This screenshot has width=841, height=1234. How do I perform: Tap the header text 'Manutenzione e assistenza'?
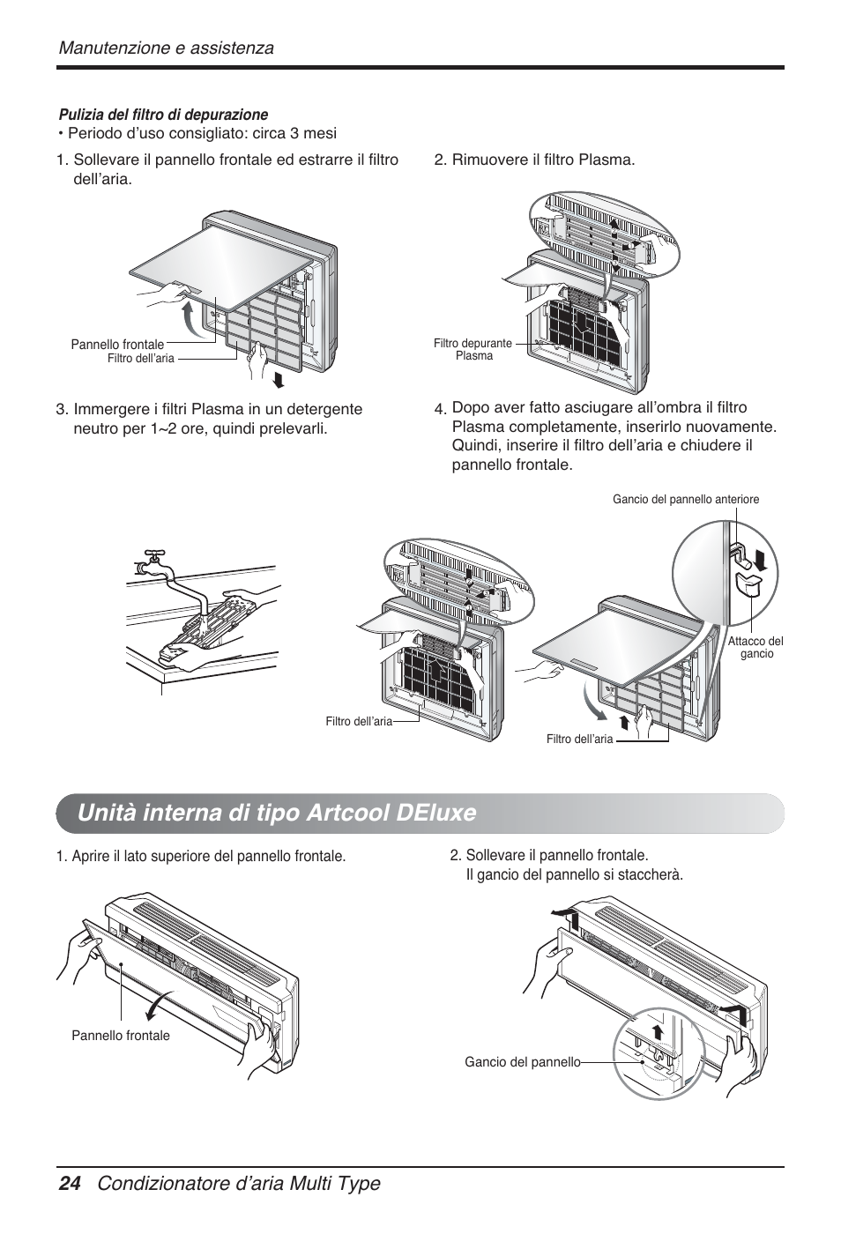166,48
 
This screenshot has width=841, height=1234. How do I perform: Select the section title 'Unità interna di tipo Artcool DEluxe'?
276,812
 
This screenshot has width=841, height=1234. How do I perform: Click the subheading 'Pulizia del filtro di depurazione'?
163,115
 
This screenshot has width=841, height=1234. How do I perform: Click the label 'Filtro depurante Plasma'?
473,349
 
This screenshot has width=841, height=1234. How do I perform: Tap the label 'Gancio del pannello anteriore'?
686,500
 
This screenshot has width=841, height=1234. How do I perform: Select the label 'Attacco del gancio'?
755,648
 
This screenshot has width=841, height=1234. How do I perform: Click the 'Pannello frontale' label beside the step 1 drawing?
117,344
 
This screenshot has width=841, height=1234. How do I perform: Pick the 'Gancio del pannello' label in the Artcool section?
523,1062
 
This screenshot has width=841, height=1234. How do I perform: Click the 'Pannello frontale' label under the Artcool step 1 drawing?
121,1036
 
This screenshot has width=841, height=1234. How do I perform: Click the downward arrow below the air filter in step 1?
279,379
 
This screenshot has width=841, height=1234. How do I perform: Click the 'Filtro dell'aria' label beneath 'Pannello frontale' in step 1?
140,359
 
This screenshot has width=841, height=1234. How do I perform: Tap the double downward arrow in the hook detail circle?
760,561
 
